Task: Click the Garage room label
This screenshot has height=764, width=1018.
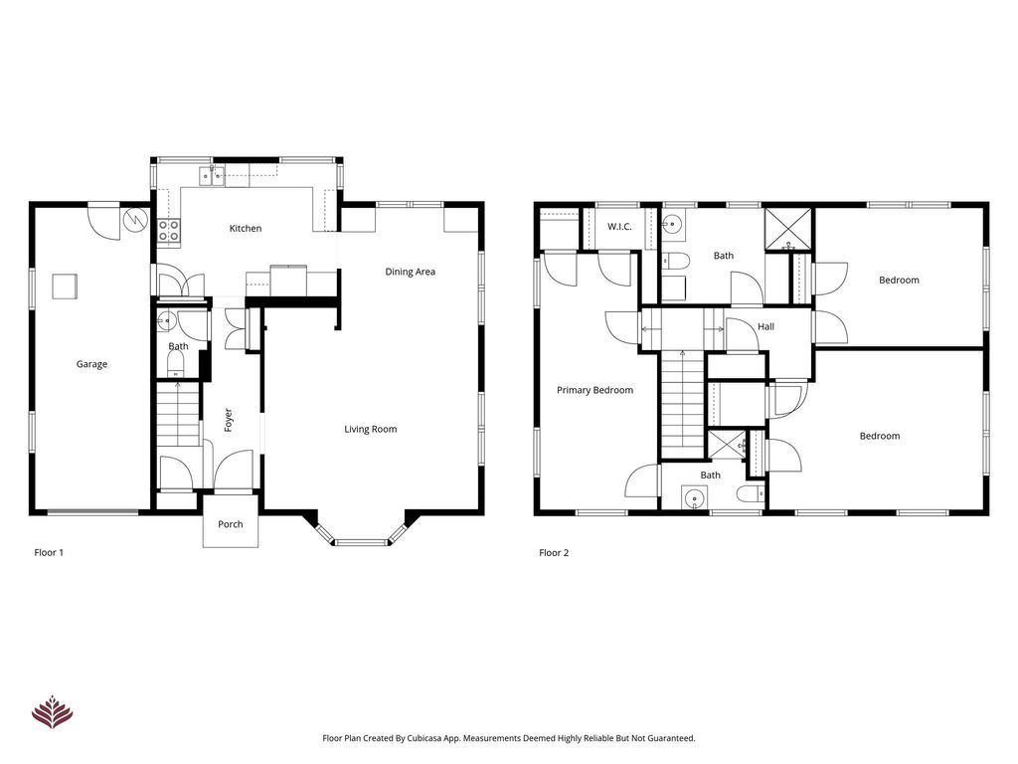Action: (x=91, y=364)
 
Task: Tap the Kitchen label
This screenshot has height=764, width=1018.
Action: (x=246, y=229)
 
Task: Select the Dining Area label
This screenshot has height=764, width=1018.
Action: (x=410, y=272)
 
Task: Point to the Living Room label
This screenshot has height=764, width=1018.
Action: (x=370, y=429)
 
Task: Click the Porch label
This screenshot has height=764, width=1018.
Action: (x=231, y=524)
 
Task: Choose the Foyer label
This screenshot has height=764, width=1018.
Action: (x=228, y=420)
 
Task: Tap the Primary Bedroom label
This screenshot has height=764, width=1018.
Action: (x=594, y=390)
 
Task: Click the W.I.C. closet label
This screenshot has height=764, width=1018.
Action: (x=619, y=227)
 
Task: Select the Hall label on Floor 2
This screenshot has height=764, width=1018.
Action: (x=766, y=326)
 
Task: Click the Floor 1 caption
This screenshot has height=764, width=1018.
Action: (x=49, y=553)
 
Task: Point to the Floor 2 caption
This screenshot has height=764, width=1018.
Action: (x=554, y=553)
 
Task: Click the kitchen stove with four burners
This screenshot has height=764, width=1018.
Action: (x=169, y=231)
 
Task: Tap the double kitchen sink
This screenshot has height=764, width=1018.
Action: (x=212, y=175)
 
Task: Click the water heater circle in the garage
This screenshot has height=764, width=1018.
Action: (x=135, y=220)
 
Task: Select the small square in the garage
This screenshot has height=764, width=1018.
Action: (x=65, y=286)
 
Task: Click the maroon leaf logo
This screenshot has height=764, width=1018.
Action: (x=52, y=712)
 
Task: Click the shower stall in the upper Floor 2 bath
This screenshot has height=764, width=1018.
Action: (x=788, y=230)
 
